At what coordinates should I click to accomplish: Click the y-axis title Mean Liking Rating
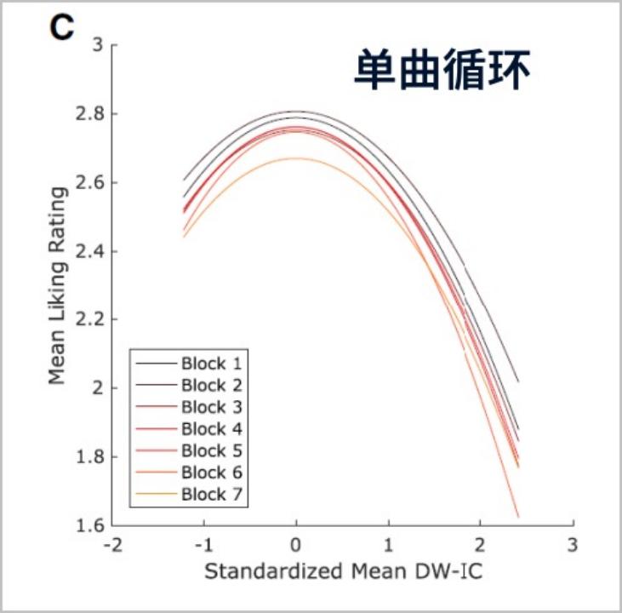(56, 285)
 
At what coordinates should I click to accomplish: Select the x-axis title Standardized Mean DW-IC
(343, 571)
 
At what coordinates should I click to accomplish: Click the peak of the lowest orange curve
(295, 158)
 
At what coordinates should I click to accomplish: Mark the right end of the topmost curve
(518, 381)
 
